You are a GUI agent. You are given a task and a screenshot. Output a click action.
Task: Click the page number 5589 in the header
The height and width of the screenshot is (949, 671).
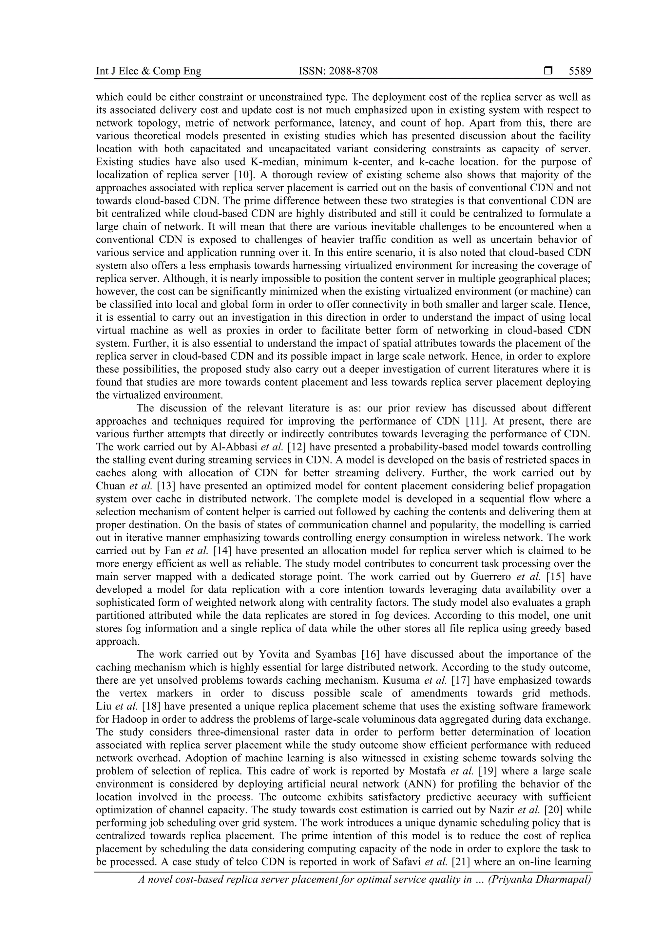coord(580,71)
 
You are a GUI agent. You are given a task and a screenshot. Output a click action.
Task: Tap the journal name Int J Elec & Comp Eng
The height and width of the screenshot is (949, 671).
coord(148,71)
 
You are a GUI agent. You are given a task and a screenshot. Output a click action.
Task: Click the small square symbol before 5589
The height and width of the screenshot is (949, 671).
coord(548,71)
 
